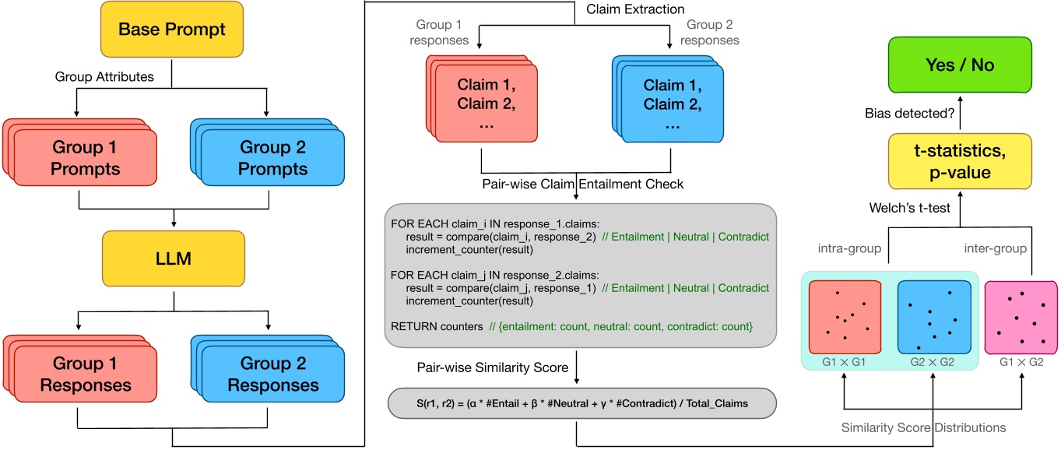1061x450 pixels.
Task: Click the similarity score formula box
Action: tap(575, 403)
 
